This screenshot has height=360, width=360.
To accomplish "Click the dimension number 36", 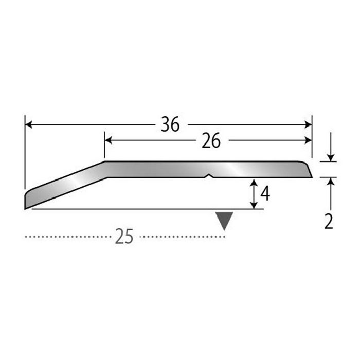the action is (170, 124).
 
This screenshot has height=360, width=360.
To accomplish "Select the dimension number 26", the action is (211, 140).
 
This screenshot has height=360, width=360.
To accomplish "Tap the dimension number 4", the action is (265, 193).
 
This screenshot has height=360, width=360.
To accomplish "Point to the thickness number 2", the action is (329, 221).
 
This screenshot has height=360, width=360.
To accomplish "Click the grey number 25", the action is (124, 236).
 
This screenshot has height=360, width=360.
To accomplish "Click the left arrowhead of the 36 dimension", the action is (28, 124).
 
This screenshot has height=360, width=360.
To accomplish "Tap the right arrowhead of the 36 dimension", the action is (308, 124).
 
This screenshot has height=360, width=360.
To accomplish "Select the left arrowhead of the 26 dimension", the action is (109, 140).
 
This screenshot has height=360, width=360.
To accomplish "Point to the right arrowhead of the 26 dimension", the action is (308, 140).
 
